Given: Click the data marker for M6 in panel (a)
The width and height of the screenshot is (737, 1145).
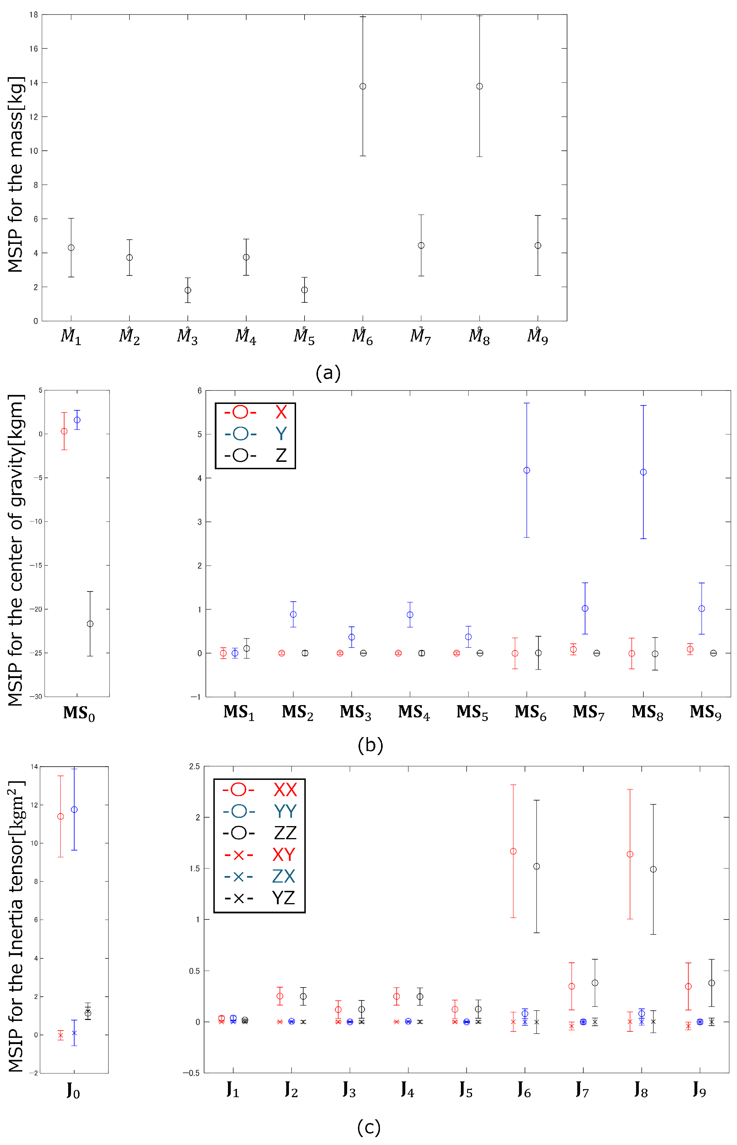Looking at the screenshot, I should [x=363, y=87].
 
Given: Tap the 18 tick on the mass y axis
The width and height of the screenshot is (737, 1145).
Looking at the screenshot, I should [x=33, y=15].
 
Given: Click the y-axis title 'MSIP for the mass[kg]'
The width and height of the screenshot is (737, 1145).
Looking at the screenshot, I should [x=15, y=175].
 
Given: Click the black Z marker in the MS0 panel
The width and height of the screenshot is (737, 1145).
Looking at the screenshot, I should [x=90, y=624].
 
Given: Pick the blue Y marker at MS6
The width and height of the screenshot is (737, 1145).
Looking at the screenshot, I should [x=527, y=470].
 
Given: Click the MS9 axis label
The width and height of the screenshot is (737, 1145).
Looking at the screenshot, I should [x=705, y=713].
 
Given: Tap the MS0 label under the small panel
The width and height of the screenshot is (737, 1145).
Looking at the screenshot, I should [x=79, y=713].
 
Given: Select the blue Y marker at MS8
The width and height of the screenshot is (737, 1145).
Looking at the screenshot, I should [x=643, y=472].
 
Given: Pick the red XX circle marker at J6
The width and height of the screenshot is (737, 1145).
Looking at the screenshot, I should [x=513, y=851].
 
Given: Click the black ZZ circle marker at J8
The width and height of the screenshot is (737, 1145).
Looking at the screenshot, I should [x=653, y=869].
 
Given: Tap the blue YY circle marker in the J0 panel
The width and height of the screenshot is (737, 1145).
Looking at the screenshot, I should [x=74, y=810].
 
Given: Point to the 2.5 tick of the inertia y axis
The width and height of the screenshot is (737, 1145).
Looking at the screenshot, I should [x=194, y=766].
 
